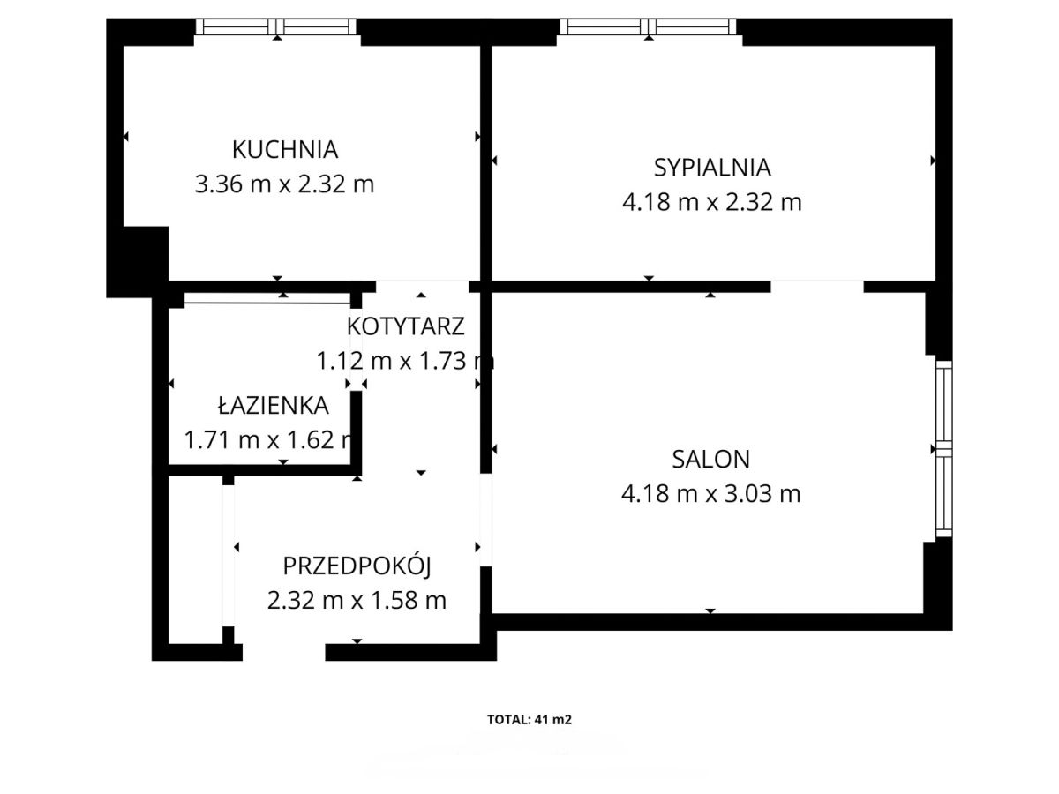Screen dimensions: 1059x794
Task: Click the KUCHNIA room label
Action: pos(285,149)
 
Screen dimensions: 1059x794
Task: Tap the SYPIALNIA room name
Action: pos(712,168)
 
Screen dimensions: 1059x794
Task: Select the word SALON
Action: pos(711,460)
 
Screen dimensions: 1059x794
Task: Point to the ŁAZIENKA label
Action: pos(273,405)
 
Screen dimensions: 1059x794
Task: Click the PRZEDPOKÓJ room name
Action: pos(357,566)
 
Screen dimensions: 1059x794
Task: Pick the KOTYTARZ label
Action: pos(405,326)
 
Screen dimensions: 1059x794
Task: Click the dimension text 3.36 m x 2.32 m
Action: pos(285,184)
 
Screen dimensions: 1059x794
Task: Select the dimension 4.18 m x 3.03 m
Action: pos(711,494)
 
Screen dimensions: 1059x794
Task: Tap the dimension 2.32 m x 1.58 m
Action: pos(357,601)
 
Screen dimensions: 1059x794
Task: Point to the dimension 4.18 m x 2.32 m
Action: pos(712,202)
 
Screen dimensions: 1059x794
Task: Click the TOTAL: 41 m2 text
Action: pos(529,720)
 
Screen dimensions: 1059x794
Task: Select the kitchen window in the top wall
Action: pos(276,27)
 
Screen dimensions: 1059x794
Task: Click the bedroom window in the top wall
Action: pos(648,27)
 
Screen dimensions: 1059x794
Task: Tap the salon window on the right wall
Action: pos(943,449)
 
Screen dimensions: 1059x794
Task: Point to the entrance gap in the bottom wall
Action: pos(283,652)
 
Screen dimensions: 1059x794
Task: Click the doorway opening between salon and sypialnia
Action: pos(817,287)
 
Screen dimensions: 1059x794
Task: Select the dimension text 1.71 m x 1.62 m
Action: pos(269,440)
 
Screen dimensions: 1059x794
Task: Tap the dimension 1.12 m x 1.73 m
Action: pos(405,361)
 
